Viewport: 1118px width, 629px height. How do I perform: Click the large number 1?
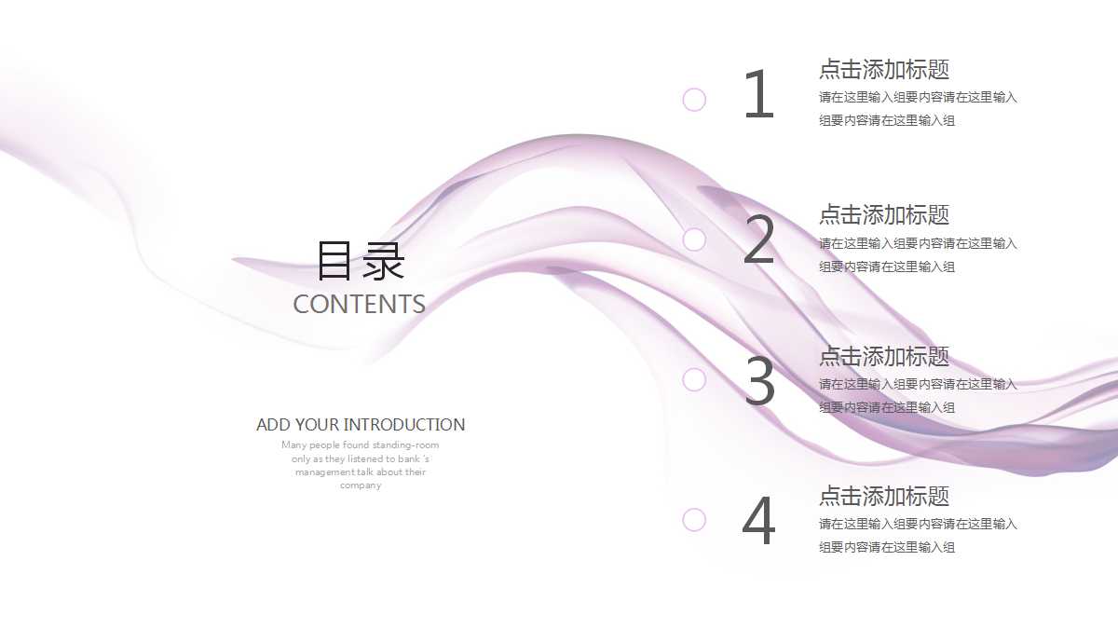759,95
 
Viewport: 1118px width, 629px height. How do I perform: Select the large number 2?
759,240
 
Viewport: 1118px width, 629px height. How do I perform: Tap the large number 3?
760,381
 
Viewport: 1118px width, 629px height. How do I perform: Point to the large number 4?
758,522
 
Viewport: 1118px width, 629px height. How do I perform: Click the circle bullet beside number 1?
694,100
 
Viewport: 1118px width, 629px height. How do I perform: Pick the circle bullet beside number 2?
694,239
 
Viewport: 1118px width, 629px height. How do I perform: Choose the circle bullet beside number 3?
694,379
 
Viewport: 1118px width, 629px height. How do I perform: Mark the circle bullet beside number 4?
694,519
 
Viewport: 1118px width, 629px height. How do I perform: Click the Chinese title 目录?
361,262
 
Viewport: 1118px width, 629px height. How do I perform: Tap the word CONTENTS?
359,305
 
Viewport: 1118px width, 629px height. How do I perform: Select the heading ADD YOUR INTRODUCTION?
361,425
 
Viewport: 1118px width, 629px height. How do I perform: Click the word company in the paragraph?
361,485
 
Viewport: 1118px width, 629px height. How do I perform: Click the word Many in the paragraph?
294,445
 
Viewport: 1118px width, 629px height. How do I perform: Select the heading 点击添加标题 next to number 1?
884,70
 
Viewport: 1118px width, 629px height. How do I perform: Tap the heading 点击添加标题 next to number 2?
884,215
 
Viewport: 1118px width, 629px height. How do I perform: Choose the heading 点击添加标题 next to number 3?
884,357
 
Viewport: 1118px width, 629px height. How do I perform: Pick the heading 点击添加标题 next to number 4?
884,497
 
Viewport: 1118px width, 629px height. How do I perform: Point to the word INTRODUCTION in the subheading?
404,425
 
